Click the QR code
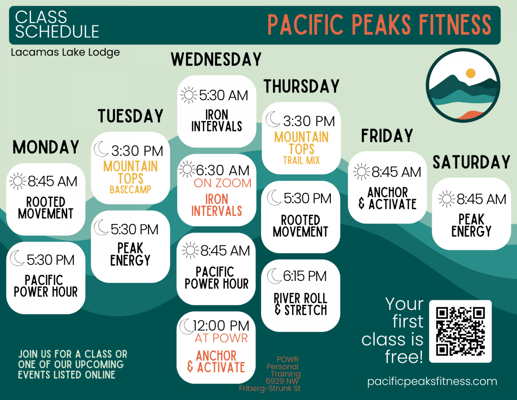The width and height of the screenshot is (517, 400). pos(460,331)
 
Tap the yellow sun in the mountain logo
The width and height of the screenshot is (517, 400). pos(470,73)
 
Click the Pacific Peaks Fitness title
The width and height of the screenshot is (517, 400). pos(379,25)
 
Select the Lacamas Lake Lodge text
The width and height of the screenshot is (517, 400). pos(65,53)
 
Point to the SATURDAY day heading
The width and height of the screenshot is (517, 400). pos(471,163)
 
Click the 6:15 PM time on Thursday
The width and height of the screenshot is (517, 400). pos(305,276)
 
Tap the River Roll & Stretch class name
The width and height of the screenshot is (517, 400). pos(301,304)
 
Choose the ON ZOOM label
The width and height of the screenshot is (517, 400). pos(222,183)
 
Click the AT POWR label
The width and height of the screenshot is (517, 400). pos(221,338)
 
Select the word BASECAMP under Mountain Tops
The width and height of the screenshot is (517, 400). pos(130,189)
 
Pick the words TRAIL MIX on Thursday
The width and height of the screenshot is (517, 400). pos(302,161)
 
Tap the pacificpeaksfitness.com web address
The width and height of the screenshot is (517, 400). pos(432,381)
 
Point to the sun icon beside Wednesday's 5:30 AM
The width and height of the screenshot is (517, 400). pos(188,95)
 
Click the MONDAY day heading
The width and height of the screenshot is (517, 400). pos(46,148)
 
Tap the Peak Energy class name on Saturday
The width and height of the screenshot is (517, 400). pos(471,225)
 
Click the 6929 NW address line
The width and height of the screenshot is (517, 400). pos(282,381)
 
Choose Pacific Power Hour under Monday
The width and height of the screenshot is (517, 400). pos(46,286)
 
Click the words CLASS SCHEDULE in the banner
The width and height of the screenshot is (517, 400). pos(57,24)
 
